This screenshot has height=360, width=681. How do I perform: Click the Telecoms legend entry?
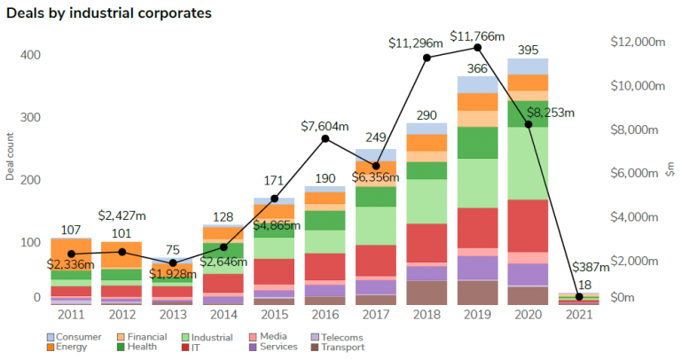pos(340,337)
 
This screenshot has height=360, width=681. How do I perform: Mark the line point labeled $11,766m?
pos(478,47)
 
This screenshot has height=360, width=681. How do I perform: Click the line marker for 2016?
pos(325,138)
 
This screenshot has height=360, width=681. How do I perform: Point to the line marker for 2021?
pos(579,296)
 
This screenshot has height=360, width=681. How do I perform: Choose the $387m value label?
pos(590,267)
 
